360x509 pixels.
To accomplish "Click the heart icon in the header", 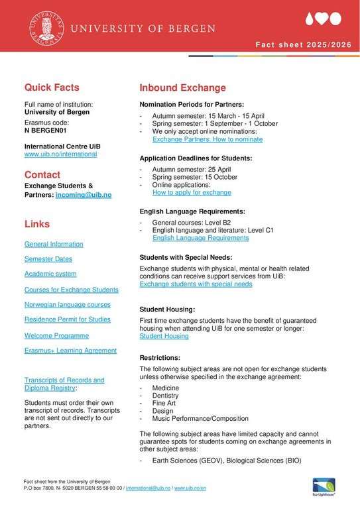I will (322, 19).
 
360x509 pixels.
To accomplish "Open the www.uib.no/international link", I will (60, 154).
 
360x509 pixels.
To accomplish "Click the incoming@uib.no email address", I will (84, 195).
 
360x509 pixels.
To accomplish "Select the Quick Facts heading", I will (52, 87).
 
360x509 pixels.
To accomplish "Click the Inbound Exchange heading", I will (182, 87).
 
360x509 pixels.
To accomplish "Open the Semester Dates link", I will (48, 259).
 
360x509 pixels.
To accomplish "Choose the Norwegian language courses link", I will (68, 304).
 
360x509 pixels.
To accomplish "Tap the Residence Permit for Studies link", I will (68, 319).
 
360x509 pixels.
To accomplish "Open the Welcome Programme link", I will (56, 335).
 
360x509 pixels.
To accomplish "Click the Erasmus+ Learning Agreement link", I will (70, 351).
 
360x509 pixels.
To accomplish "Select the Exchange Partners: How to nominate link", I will (208, 140).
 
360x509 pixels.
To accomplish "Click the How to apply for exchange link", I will (192, 192).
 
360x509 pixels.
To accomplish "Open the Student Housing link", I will (164, 336).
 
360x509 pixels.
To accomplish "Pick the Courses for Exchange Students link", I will (72, 290).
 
